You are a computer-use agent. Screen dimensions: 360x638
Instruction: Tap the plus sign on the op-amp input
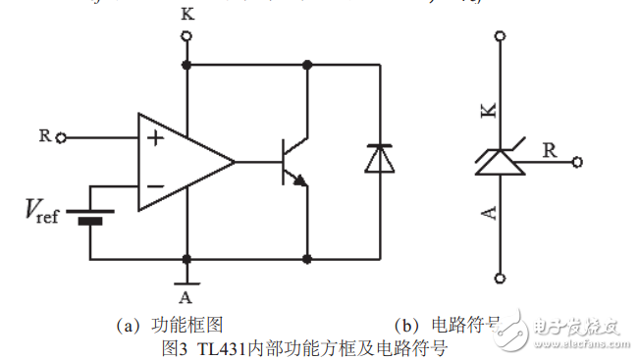tap(154, 138)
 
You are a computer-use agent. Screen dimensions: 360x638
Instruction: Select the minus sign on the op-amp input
tap(154, 184)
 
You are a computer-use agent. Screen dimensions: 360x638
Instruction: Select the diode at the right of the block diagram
tap(378, 159)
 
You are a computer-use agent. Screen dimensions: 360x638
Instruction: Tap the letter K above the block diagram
tap(186, 15)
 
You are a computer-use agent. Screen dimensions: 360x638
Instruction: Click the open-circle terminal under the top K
tap(186, 37)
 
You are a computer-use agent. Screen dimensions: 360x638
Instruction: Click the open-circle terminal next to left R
tap(62, 137)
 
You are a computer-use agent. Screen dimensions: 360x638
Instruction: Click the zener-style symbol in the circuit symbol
tap(501, 162)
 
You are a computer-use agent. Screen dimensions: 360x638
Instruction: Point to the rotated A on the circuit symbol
tap(489, 212)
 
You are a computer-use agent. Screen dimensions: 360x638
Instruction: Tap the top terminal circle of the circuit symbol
tap(502, 38)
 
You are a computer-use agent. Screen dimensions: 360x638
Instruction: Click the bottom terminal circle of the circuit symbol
tap(502, 277)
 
